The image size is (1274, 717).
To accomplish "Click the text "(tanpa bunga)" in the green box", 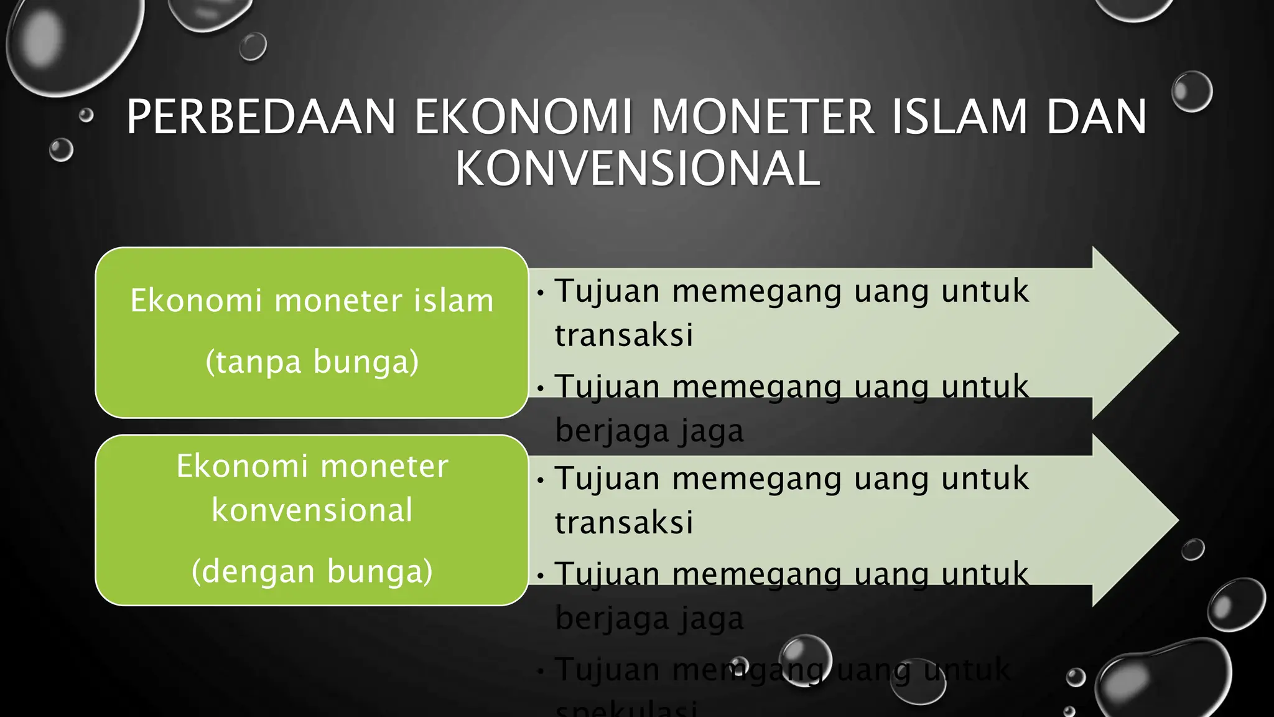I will [312, 362].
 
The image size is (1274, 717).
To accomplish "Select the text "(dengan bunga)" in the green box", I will [312, 571].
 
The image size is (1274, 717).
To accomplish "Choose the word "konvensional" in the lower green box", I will [312, 510].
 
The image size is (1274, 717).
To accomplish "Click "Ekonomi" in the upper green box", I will [196, 301].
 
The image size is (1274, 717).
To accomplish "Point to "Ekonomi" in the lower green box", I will [243, 466].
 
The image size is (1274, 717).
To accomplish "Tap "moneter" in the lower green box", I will [384, 466].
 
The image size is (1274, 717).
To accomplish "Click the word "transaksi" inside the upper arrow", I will [624, 335].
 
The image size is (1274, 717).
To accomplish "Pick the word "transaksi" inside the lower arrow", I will [624, 522].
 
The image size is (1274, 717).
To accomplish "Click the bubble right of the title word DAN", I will [1192, 91].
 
